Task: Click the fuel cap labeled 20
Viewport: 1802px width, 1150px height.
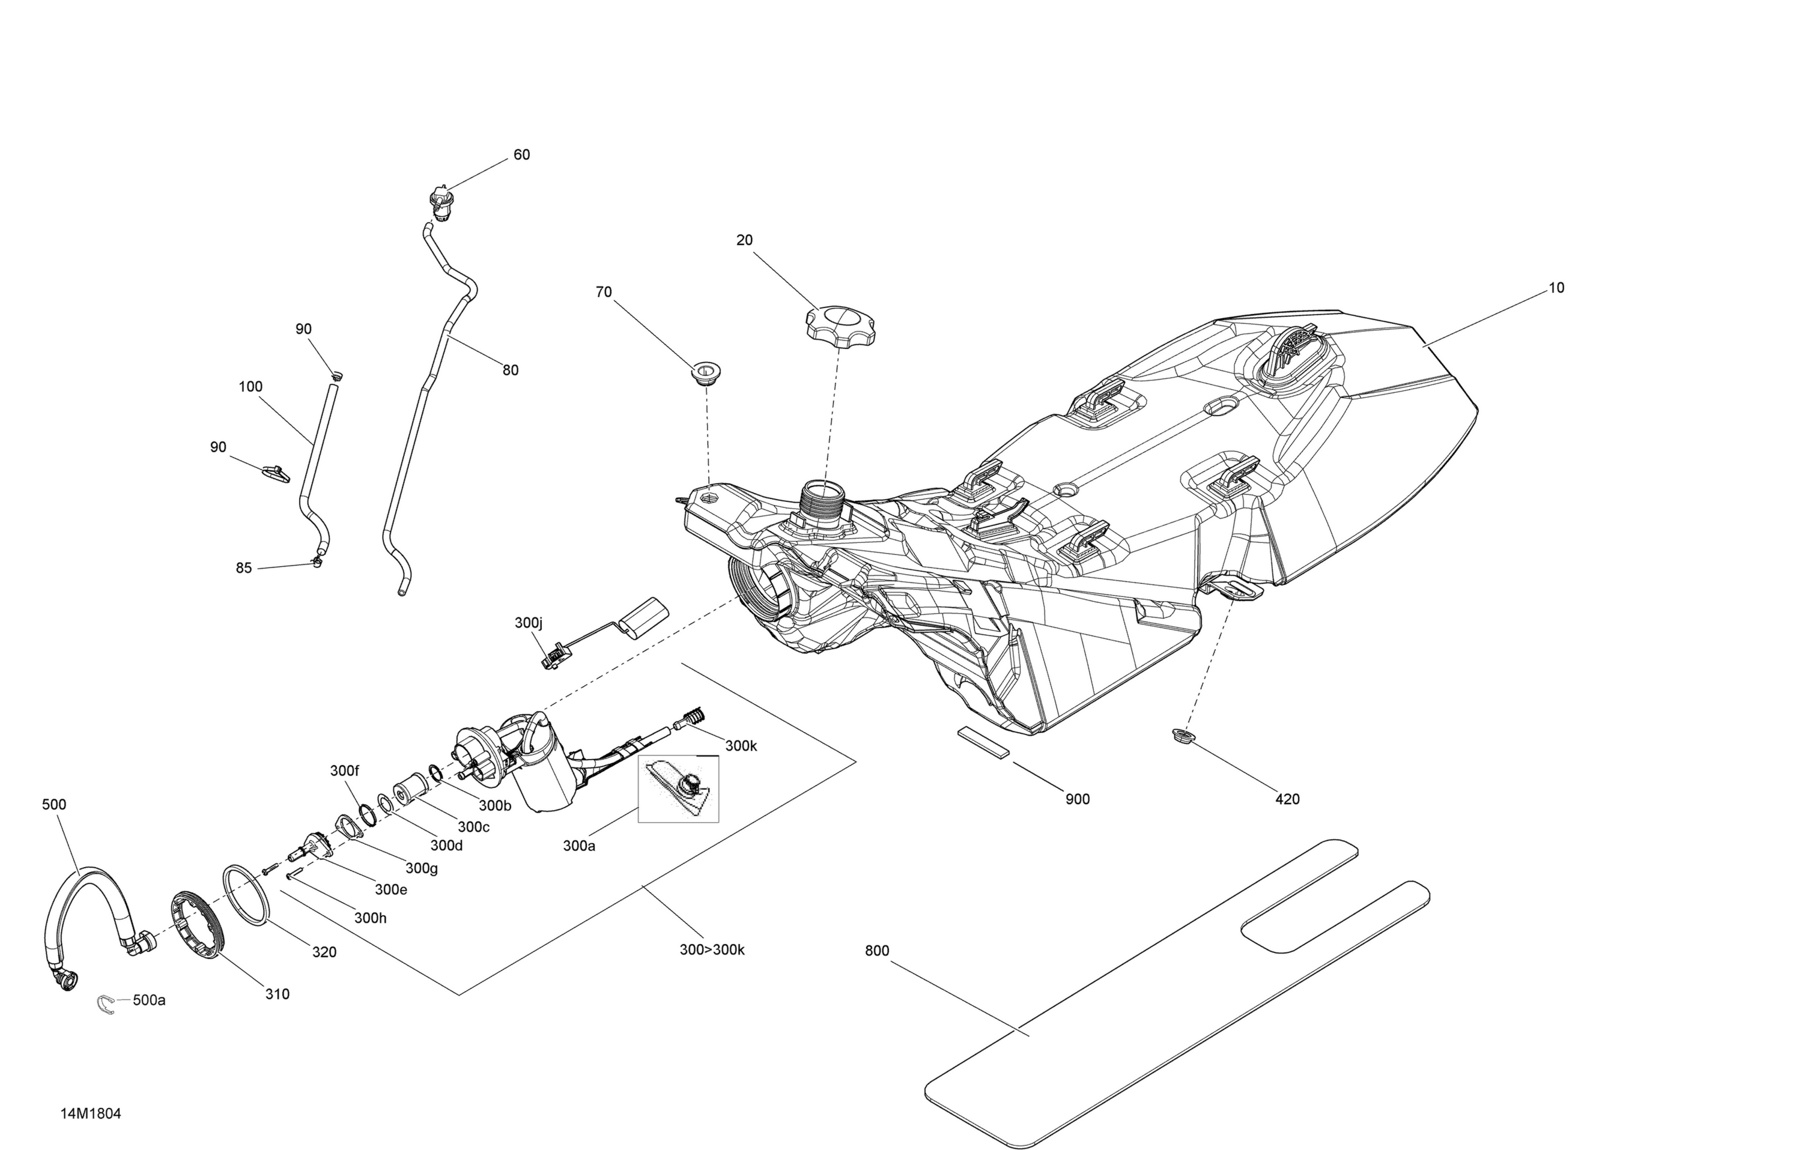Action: coord(841,326)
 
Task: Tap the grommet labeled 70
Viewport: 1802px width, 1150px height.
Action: coord(706,372)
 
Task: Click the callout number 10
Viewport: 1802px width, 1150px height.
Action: coord(1556,288)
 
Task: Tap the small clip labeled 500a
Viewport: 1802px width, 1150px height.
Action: coord(106,1004)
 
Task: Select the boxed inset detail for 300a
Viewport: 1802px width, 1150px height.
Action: coord(678,789)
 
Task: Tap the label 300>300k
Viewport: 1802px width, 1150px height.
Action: coord(712,950)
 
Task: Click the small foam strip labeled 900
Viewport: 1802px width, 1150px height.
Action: coord(983,742)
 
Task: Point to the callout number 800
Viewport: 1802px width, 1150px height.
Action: coord(877,951)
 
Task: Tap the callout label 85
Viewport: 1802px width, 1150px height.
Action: coord(244,568)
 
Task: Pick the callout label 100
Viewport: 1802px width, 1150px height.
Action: coord(250,387)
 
